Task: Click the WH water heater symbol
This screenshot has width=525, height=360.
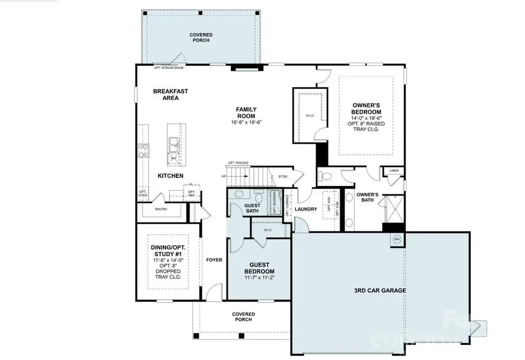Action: point(397,239)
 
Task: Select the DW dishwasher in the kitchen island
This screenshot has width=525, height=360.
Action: point(173,158)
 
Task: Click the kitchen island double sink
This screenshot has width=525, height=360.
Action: point(173,141)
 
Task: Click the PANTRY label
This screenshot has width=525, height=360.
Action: point(162,209)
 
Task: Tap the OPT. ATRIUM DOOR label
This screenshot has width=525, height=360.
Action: point(169,68)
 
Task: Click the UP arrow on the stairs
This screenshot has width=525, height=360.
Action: point(223,176)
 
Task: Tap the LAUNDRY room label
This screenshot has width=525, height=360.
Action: point(306,209)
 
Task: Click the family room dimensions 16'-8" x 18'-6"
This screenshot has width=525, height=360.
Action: point(246,123)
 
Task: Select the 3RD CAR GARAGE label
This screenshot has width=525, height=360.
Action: point(380,290)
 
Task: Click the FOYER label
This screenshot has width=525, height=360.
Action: point(214,260)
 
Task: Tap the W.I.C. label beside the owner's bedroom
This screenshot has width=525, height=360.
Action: point(310,115)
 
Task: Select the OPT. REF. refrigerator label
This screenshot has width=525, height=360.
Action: point(191,193)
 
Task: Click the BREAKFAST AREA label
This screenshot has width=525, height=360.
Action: point(166,95)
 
